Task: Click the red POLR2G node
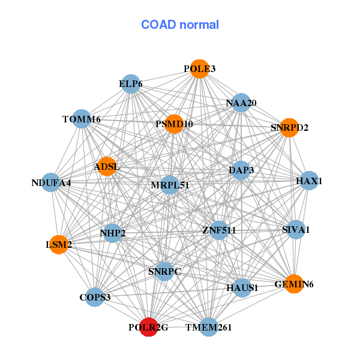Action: (148, 327)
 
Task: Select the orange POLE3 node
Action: (199, 69)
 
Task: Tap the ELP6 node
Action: (130, 84)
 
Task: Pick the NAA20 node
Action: (241, 103)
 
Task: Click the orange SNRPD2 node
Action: (289, 127)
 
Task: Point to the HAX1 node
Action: (308, 181)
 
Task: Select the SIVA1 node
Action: (295, 229)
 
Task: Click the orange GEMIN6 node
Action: (293, 284)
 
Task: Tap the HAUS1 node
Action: (242, 288)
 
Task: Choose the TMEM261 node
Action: (208, 327)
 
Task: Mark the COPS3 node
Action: (95, 297)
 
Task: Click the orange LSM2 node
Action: (59, 244)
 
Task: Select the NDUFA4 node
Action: (51, 182)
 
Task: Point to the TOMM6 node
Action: (81, 119)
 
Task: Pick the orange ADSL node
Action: (107, 166)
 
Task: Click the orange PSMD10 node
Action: (174, 124)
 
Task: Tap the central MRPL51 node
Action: (170, 185)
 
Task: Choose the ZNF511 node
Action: (219, 230)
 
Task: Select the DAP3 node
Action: (241, 170)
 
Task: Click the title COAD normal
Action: (180, 25)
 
